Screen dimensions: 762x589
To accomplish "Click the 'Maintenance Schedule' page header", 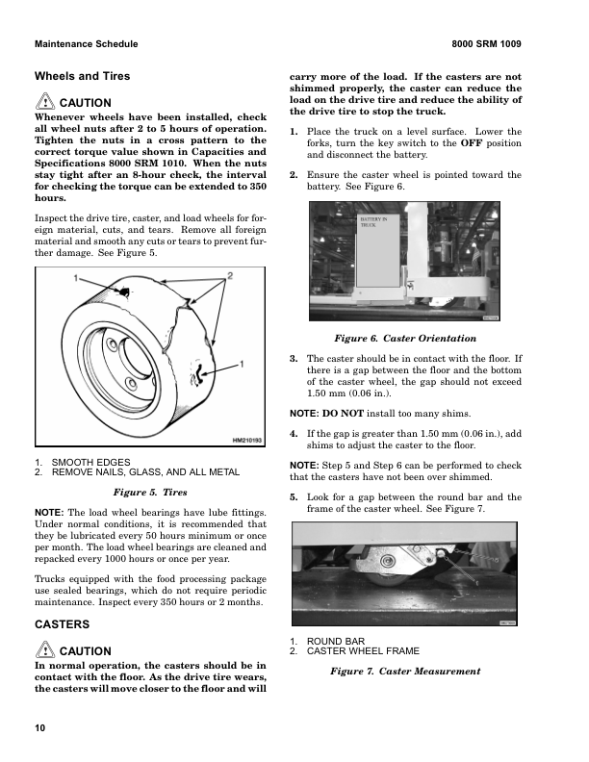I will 86,44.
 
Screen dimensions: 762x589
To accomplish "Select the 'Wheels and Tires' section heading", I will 82,76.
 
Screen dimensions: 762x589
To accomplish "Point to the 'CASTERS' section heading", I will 63,625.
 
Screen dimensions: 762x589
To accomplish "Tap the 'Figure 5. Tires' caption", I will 150,492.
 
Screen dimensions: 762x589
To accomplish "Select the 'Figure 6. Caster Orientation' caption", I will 404,338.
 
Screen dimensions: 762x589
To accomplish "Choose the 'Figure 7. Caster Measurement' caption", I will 404,670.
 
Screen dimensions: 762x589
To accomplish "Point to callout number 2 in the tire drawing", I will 230,276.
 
